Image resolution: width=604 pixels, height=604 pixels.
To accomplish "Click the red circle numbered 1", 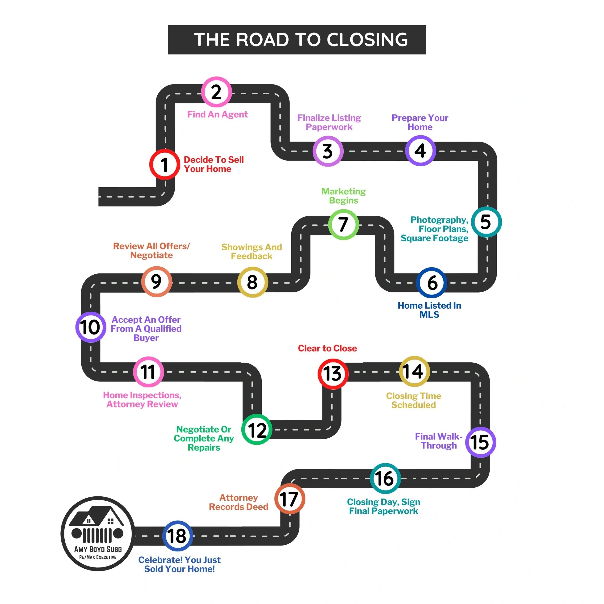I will pyautogui.click(x=164, y=164).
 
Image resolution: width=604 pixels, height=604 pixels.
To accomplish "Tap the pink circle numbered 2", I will pyautogui.click(x=216, y=92).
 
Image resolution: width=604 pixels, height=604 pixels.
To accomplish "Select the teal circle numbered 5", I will pyautogui.click(x=486, y=222).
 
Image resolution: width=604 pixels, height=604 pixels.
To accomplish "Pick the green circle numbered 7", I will pyautogui.click(x=343, y=224).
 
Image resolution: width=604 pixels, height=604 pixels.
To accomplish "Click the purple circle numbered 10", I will pyautogui.click(x=91, y=327).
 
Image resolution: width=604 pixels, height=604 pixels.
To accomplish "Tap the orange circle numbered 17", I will pyautogui.click(x=289, y=499).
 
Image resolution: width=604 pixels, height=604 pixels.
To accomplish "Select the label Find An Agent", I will pyautogui.click(x=217, y=114).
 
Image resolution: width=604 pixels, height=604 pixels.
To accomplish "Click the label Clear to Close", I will pyautogui.click(x=327, y=348).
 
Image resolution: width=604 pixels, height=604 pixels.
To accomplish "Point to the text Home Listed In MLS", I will pyautogui.click(x=429, y=310).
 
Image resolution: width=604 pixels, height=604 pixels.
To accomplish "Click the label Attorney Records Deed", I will pyautogui.click(x=239, y=502).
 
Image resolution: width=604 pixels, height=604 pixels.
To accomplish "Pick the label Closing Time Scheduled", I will pyautogui.click(x=414, y=400).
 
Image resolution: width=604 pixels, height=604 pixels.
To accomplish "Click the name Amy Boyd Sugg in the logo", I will pyautogui.click(x=98, y=549).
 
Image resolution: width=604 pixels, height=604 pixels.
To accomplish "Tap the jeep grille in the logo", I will pyautogui.click(x=97, y=535).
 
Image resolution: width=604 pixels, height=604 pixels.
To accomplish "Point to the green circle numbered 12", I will pyautogui.click(x=257, y=430).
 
